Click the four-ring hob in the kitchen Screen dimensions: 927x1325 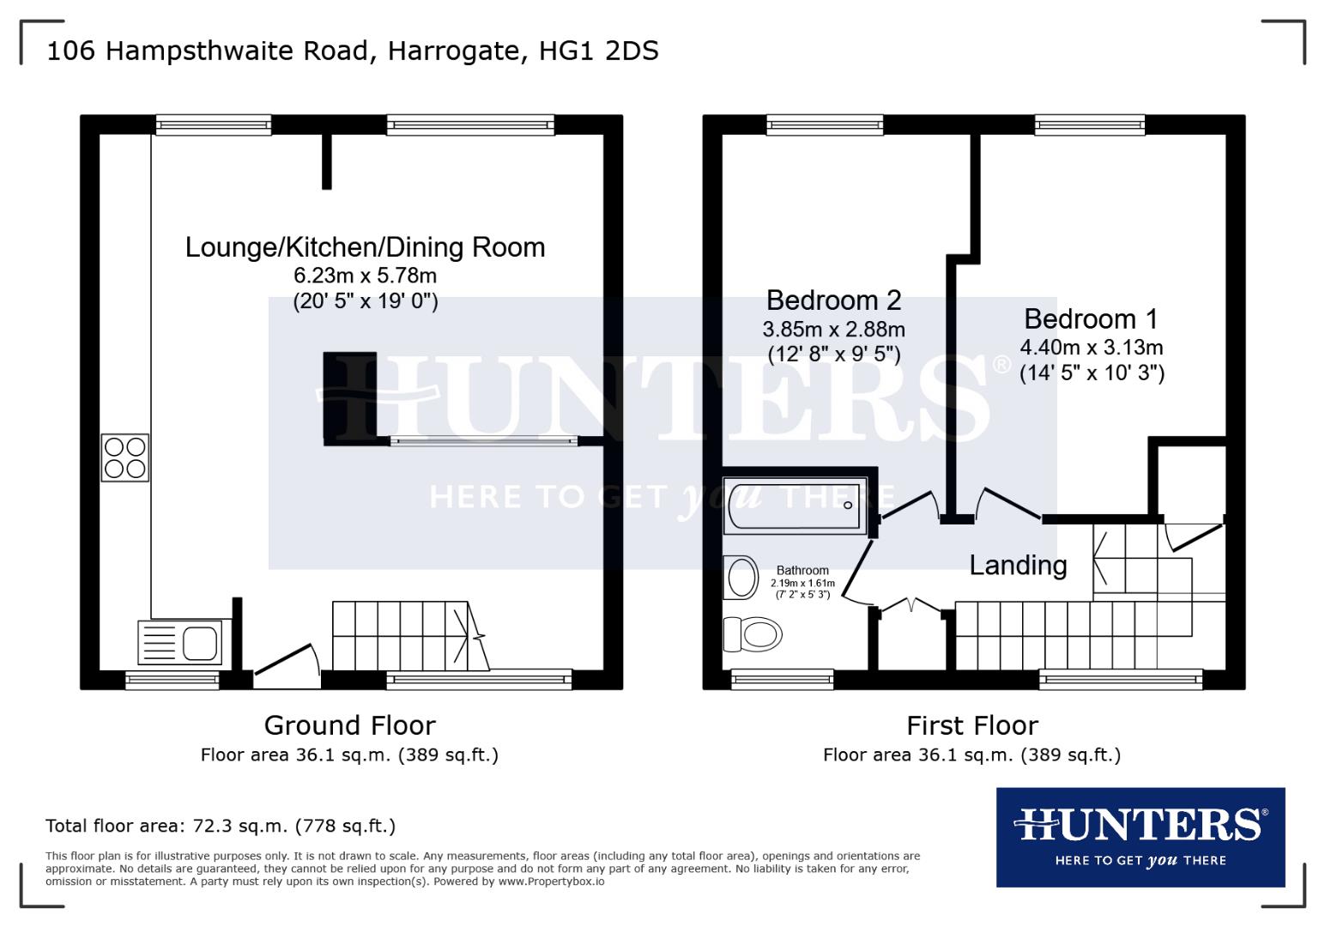pos(125,457)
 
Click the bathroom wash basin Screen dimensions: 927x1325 pos(741,578)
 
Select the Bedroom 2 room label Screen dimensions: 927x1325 pos(833,300)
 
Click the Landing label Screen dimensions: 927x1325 pos(1018,565)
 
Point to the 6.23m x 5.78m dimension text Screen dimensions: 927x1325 pos(365,276)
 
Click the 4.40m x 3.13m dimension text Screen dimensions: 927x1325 pos(1091,348)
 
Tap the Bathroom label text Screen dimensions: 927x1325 pos(802,570)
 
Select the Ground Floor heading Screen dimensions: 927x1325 pos(349,725)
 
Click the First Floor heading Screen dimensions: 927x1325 pos(972,725)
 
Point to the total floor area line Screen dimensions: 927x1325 pos(221,826)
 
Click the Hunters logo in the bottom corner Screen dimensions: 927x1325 pos(1140,836)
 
